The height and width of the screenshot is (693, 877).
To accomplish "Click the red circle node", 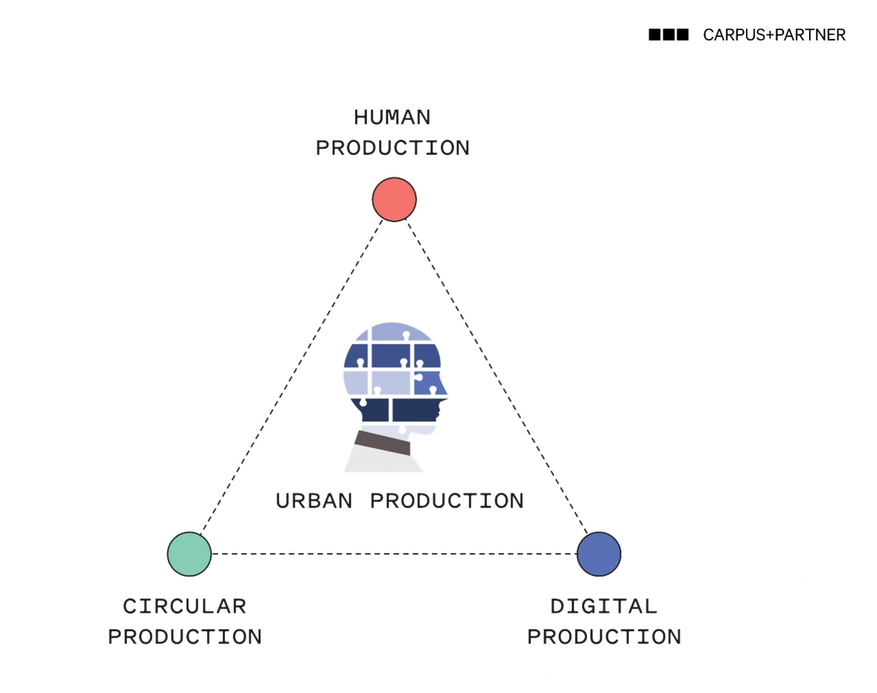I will coord(394,199).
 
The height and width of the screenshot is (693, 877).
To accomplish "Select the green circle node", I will coord(189,554).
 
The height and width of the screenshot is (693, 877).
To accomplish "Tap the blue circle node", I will coord(599,554).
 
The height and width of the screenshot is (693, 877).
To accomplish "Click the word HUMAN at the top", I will coord(392,118).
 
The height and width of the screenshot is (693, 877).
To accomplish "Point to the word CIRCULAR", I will coord(184,607).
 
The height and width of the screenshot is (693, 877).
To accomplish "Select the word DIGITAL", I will coord(604,607).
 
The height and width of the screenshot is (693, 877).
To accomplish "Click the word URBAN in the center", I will coord(314,501).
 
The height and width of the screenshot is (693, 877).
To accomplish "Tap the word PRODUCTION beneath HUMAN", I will coord(393,148).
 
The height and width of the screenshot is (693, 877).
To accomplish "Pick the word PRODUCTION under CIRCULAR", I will coord(185,637).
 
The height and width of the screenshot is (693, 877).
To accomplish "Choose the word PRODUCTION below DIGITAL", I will coord(604,637).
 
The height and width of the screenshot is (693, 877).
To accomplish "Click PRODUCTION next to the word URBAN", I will coord(447,501).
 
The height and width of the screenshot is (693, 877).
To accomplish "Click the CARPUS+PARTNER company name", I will coord(774,35).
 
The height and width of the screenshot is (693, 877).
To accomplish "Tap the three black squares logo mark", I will coord(669,34).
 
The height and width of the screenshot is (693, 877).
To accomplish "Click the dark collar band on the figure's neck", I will coord(382,442).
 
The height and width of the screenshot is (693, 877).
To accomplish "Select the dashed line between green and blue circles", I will coord(394,554).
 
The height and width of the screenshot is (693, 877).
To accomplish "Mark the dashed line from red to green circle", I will coord(291,377).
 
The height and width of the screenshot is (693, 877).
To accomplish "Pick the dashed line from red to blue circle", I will coord(497,377).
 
